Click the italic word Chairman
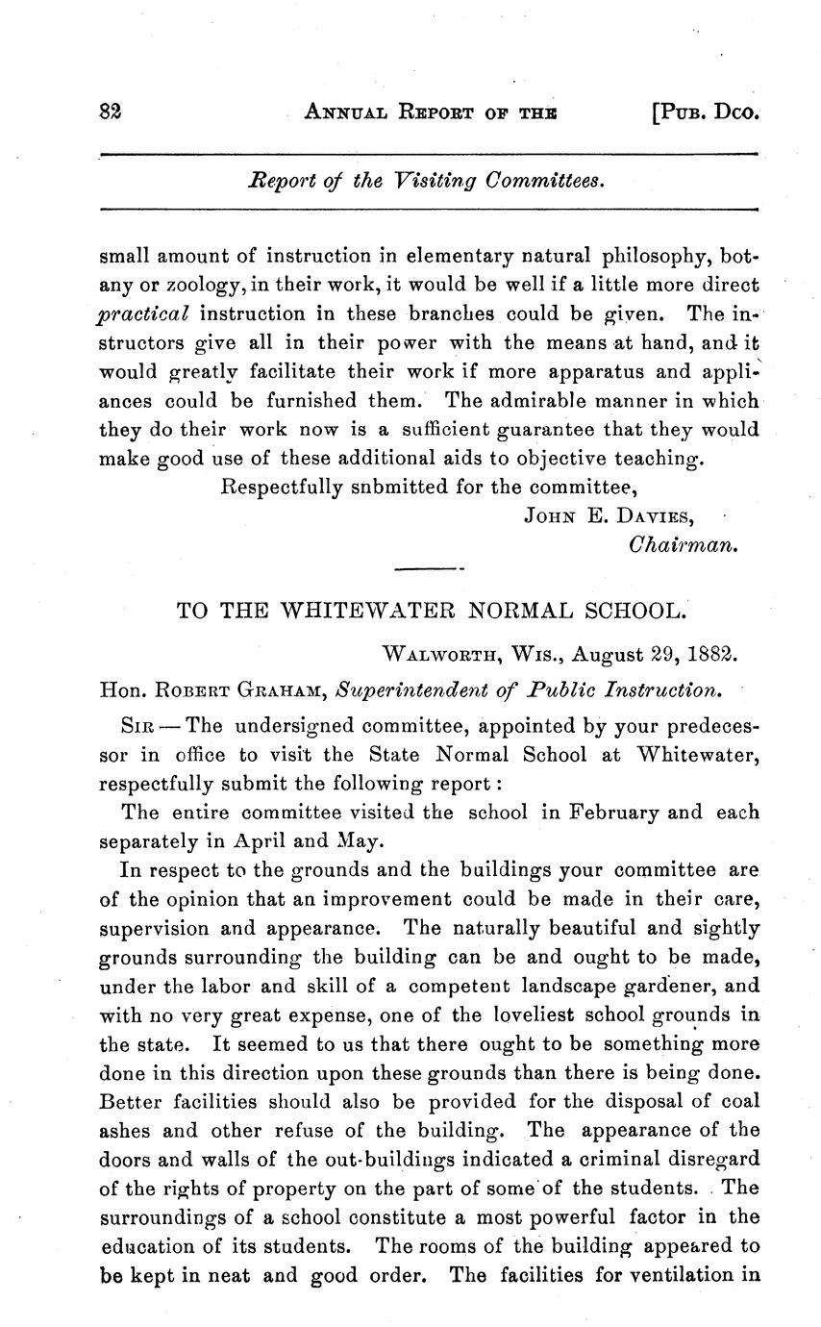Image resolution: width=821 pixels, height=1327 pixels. pos(683,544)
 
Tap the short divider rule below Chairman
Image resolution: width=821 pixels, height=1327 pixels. pos(429,571)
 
